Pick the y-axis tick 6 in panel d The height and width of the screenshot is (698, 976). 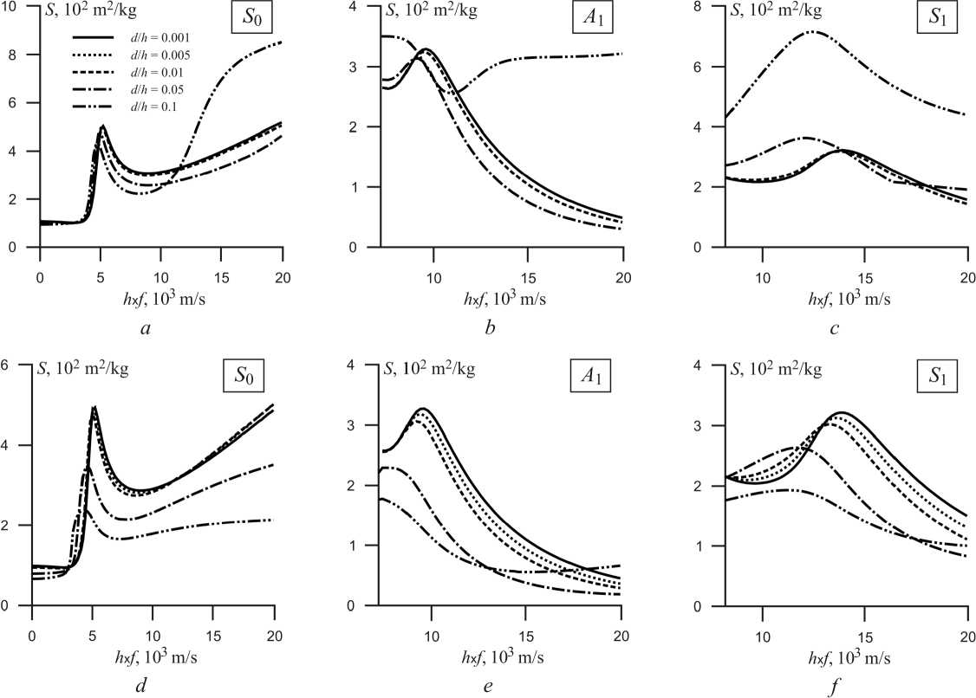pyautogui.click(x=7, y=365)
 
